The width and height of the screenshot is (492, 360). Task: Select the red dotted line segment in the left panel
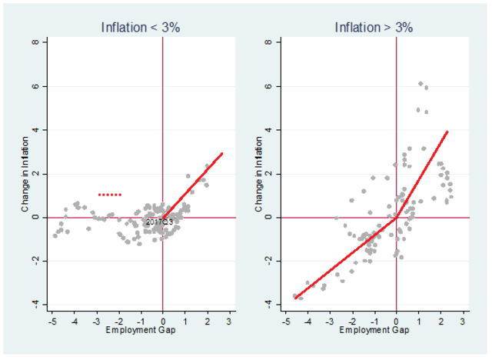(x=110, y=195)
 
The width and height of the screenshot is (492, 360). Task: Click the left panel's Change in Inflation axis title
(x=26, y=175)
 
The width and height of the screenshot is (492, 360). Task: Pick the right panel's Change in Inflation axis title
(x=260, y=175)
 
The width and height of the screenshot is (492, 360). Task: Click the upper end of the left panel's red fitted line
(x=222, y=153)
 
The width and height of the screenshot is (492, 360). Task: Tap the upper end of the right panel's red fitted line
(x=447, y=132)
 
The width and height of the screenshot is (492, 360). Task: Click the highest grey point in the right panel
(x=421, y=83)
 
